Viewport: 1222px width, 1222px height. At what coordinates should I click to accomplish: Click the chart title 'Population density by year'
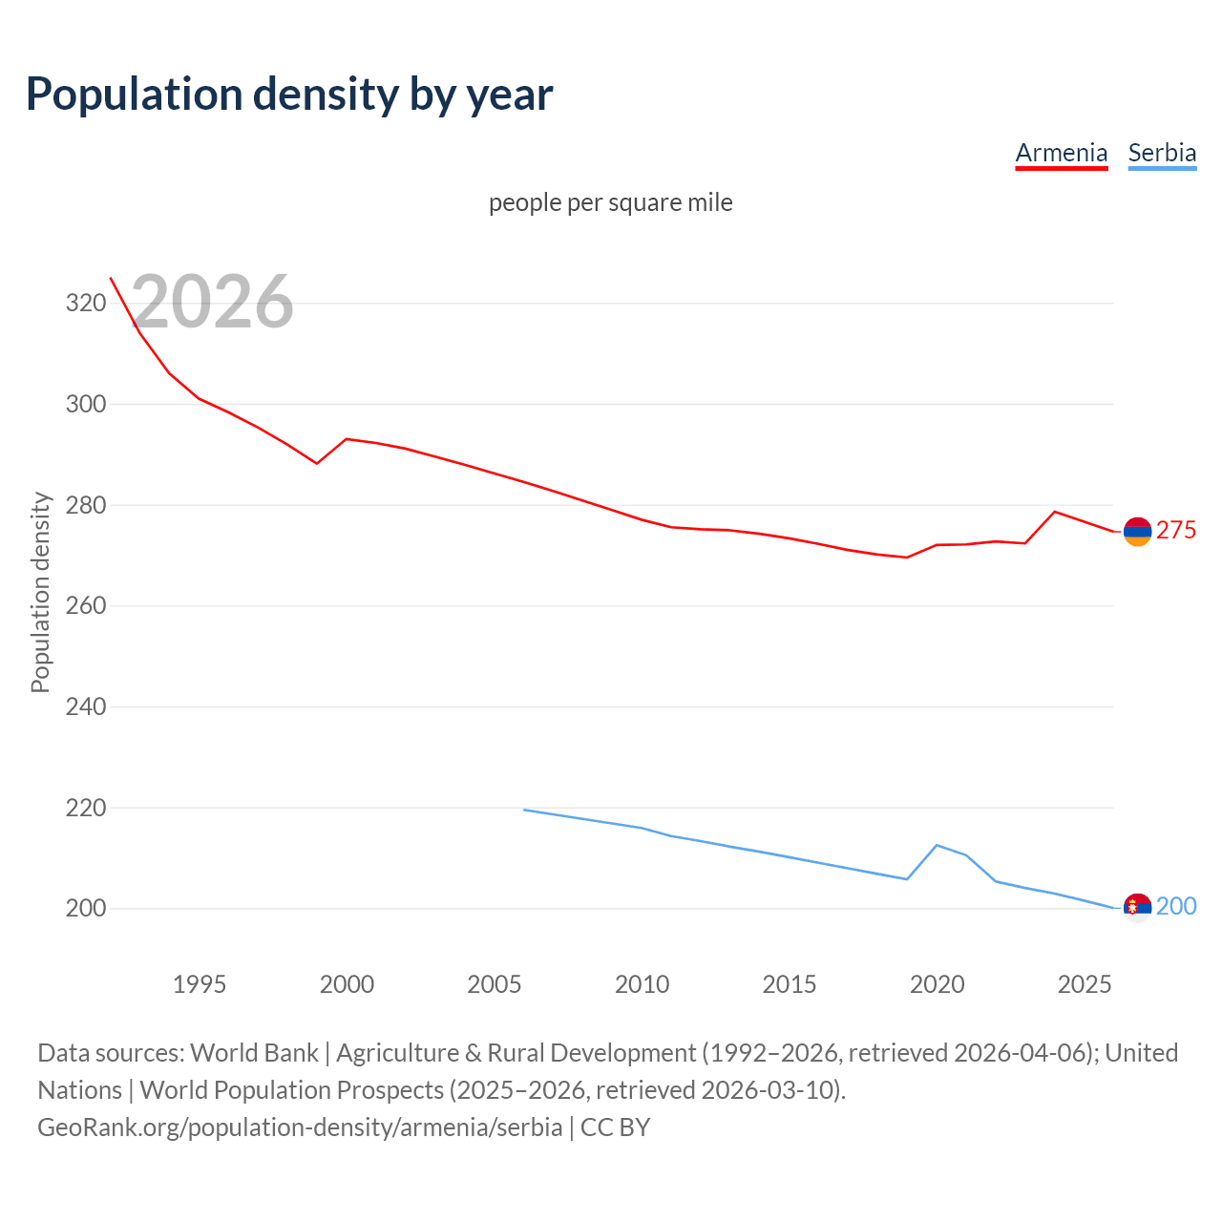[289, 94]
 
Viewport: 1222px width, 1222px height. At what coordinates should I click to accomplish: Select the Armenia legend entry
[1061, 153]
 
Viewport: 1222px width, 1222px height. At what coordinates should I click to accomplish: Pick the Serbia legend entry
[1162, 153]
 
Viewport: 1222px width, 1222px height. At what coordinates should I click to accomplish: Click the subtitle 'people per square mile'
[610, 202]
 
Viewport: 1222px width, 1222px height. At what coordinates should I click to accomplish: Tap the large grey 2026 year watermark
[212, 302]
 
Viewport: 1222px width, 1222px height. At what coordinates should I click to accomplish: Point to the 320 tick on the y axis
[85, 304]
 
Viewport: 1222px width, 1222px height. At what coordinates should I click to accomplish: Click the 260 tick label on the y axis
[85, 606]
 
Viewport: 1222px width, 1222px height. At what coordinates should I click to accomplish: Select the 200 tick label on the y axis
[85, 909]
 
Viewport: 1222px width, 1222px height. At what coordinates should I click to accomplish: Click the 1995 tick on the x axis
[199, 984]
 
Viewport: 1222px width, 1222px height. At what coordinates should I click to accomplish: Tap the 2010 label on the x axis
[642, 984]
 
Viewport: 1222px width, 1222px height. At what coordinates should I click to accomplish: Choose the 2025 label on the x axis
[1085, 984]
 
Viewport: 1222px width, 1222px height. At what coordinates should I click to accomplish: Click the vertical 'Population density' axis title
[40, 592]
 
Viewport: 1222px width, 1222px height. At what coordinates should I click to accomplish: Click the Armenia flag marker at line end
[1137, 532]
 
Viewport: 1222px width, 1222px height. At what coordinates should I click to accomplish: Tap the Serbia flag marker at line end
[1137, 907]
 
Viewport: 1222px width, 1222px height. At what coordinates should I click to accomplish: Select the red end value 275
[1176, 531]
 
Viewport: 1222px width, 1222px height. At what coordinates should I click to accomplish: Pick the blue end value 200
[1176, 906]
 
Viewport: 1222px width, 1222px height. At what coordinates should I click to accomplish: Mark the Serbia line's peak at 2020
[937, 845]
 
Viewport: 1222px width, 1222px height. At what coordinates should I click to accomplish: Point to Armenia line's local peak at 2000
[346, 439]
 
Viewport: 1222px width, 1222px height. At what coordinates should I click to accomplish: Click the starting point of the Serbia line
[524, 810]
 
